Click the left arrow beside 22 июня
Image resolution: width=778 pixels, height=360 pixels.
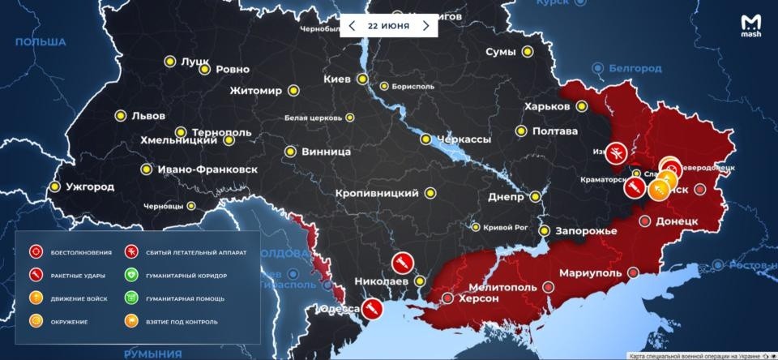352,26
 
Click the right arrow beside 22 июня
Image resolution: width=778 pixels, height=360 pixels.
425,26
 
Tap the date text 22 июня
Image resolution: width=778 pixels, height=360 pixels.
388,26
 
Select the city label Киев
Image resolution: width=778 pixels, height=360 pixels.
336,79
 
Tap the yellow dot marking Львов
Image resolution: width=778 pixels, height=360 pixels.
120,116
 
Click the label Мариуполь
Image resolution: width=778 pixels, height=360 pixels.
589,272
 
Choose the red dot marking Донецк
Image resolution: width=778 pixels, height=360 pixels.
645,221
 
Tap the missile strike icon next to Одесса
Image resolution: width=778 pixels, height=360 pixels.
371,308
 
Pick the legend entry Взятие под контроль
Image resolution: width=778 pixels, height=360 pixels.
180,321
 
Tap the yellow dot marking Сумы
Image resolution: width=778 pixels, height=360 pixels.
528,52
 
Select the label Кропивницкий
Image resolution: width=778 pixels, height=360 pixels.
378,193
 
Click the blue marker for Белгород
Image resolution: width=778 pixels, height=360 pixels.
598,67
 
